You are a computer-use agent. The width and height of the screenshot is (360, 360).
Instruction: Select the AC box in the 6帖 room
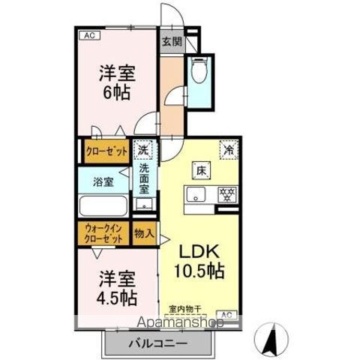tap(88, 34)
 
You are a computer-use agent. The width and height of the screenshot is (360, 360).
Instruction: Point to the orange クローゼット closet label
tap(105, 151)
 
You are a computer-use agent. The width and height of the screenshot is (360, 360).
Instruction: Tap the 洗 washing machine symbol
tap(142, 149)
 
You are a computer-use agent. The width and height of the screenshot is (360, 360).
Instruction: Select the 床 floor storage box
tap(200, 169)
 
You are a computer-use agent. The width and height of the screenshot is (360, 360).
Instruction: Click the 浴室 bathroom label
tap(103, 181)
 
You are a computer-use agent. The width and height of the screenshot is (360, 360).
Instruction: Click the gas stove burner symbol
tap(226, 195)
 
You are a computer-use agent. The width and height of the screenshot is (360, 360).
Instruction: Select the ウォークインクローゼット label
tap(103, 232)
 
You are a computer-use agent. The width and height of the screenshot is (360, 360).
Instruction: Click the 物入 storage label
tap(143, 233)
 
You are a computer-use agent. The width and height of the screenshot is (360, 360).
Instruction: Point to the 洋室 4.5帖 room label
tap(116, 288)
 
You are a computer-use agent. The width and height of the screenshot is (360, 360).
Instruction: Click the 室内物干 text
tap(184, 307)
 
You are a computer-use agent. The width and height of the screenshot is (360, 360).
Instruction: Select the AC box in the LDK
tap(227, 314)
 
